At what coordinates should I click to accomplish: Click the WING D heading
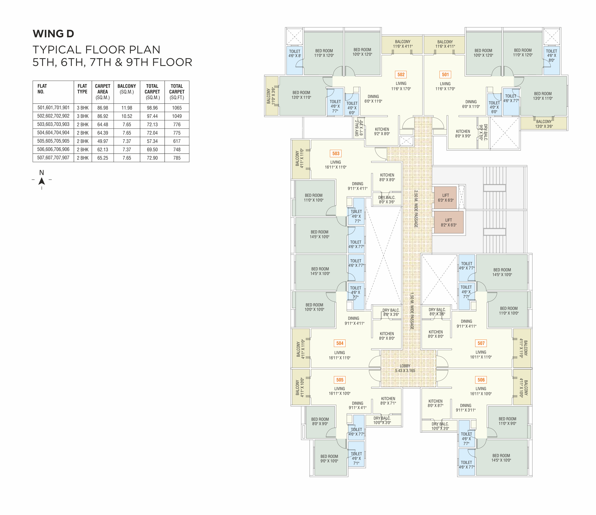pos(53,34)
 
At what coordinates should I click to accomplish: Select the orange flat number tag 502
pos(401,75)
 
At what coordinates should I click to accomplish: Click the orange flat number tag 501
pos(445,75)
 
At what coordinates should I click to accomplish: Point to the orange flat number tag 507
pos(481,343)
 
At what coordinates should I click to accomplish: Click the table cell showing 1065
pos(177,108)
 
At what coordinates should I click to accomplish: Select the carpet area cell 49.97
pos(103,141)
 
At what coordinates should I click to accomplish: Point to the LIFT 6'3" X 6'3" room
pos(446,198)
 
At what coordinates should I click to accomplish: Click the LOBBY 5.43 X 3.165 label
pos(405,368)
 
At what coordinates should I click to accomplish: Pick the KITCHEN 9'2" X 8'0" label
pos(382,132)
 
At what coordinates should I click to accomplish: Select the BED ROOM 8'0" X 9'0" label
pos(320,421)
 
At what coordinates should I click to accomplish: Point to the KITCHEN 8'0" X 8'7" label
pos(436,403)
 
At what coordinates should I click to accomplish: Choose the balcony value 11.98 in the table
pos(127,108)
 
